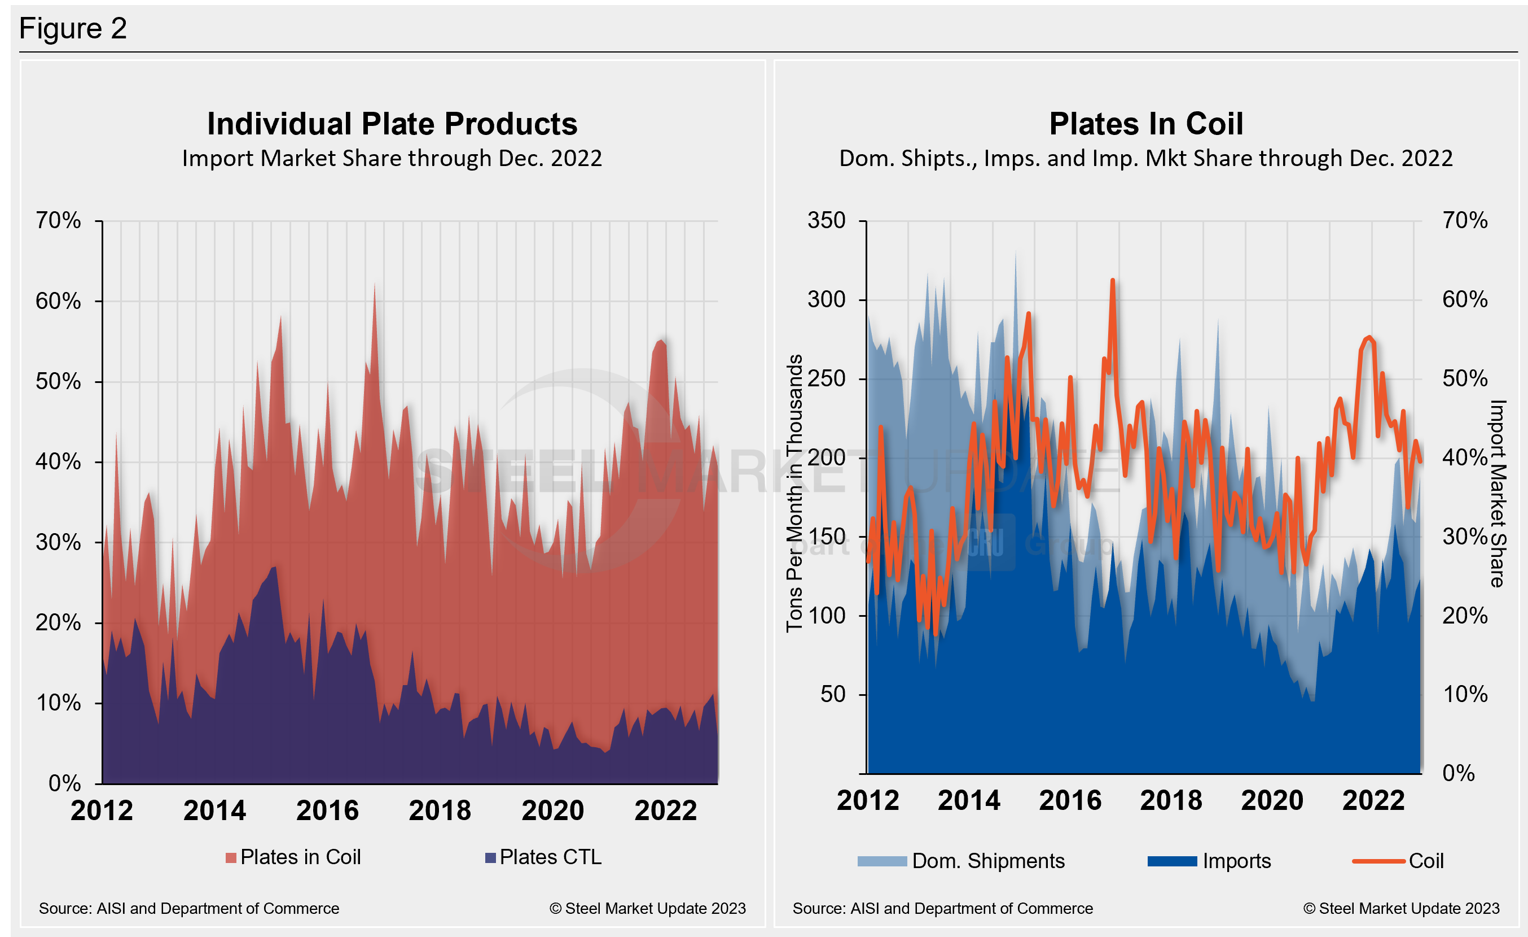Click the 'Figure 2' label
[x=73, y=29]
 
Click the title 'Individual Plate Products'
[x=392, y=124]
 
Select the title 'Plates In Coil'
[x=1146, y=124]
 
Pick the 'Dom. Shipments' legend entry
[x=961, y=861]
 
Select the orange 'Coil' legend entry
[x=1398, y=861]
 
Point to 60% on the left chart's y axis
[x=58, y=302]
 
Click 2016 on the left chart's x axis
[x=327, y=810]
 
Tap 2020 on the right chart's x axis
[x=1272, y=800]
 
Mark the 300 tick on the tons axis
[x=826, y=300]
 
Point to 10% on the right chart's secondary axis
[x=1465, y=694]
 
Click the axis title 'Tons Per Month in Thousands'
[x=794, y=493]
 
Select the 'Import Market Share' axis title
[x=1498, y=493]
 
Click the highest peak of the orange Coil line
[x=1113, y=281]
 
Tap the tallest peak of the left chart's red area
[x=375, y=285]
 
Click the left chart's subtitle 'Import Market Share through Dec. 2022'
[x=392, y=158]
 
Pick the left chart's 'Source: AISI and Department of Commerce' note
[x=189, y=908]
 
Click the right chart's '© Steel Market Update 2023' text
[x=1401, y=908]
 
